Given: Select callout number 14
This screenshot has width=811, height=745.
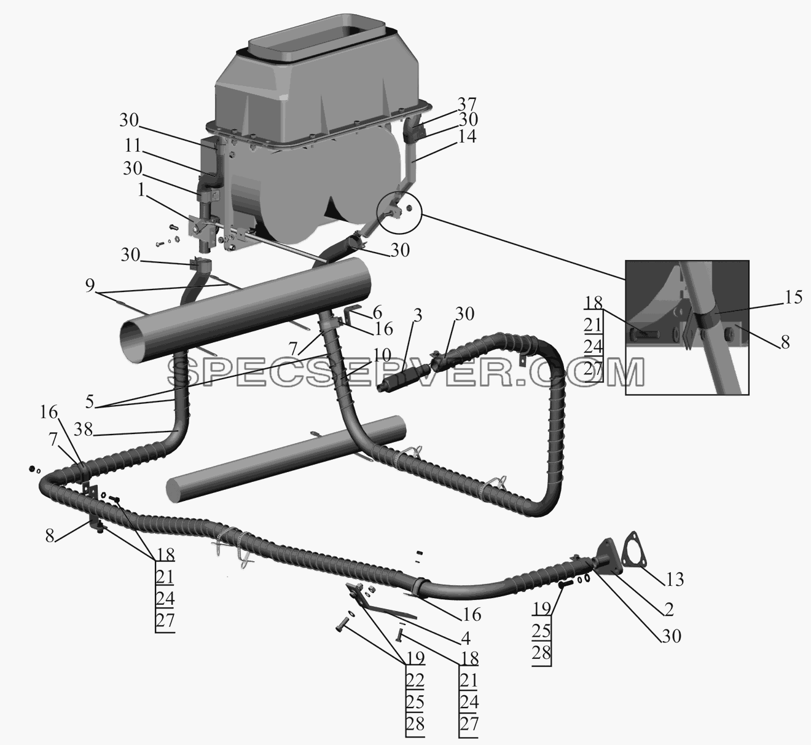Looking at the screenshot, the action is coord(466,136).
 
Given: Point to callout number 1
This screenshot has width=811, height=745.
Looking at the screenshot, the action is coord(141,190).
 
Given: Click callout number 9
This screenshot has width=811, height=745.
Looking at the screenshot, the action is coord(90,286).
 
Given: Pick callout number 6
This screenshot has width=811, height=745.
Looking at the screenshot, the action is coord(377,312).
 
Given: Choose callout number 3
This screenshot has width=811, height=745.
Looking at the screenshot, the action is coord(417,315).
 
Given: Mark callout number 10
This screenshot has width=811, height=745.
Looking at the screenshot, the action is coord(382,355).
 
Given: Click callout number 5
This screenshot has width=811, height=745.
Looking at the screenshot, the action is coord(89,402).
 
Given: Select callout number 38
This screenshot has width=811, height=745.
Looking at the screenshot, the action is coord(84,430).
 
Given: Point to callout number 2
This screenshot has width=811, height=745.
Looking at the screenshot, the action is coord(668,610).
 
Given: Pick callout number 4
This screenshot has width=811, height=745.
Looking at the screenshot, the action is coord(466,638).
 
